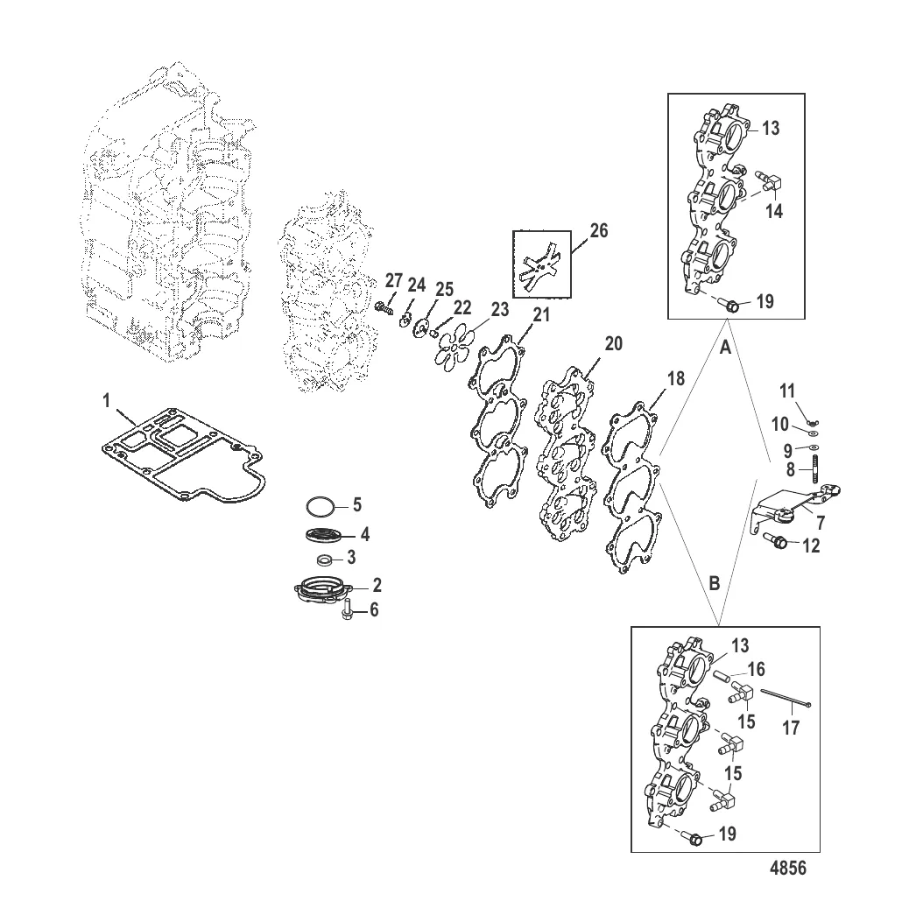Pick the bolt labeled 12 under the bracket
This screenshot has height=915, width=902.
tap(778, 542)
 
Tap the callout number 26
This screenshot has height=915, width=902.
tap(598, 231)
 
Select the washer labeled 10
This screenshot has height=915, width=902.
tap(813, 432)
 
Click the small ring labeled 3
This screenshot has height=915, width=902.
tap(323, 559)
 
